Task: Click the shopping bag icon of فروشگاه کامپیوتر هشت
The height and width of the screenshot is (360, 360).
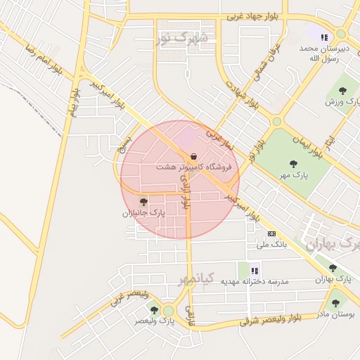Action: pyautogui.click(x=193, y=157)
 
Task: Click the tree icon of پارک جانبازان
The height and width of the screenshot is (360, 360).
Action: pyautogui.click(x=143, y=202)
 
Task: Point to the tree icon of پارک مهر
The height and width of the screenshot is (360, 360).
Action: pyautogui.click(x=293, y=164)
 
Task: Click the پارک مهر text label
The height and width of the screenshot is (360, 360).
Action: pyautogui.click(x=293, y=174)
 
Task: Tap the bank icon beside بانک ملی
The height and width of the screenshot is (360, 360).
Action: pyautogui.click(x=271, y=233)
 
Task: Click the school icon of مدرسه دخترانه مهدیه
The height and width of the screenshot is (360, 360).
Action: pyautogui.click(x=255, y=270)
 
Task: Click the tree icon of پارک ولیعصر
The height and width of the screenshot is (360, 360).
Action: pyautogui.click(x=154, y=309)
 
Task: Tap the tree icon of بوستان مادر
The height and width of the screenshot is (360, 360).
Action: pyautogui.click(x=335, y=303)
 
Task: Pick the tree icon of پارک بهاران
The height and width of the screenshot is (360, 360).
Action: pyautogui.click(x=333, y=268)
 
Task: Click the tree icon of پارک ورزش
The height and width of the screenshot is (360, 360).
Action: pyautogui.click(x=342, y=91)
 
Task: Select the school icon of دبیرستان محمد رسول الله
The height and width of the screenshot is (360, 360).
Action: pyautogui.click(x=323, y=38)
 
